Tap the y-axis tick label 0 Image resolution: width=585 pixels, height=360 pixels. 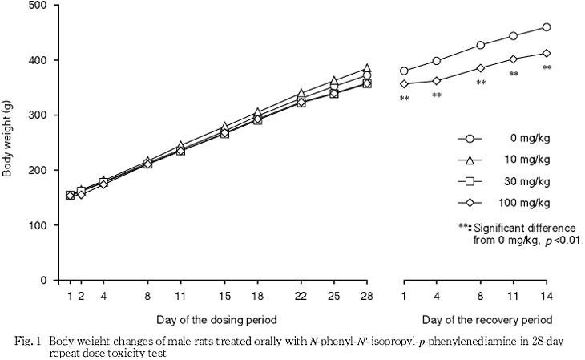(45, 281)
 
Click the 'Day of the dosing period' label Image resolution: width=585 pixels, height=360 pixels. (210, 319)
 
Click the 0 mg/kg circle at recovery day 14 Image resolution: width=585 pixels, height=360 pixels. (547, 27)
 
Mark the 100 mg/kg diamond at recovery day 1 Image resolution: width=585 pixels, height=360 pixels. (404, 83)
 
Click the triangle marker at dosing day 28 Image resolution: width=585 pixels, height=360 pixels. (367, 69)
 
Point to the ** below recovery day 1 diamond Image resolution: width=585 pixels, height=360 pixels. (404, 99)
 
